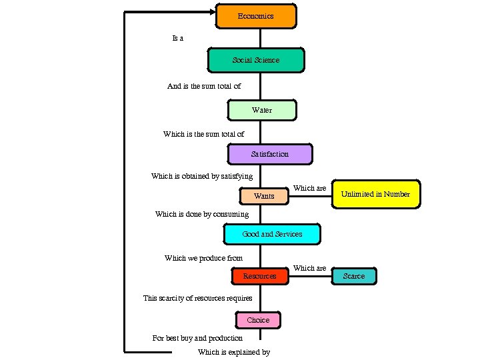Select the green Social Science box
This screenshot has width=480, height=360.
(x=256, y=60)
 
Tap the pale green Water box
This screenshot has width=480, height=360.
(x=261, y=110)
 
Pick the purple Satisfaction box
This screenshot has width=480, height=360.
(x=269, y=154)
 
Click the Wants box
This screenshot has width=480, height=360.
(x=264, y=196)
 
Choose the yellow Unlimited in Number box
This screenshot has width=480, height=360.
(x=376, y=194)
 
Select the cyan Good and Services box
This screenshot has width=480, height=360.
(x=272, y=234)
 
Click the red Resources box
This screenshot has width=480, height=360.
(x=259, y=276)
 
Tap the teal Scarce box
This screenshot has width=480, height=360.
(x=354, y=276)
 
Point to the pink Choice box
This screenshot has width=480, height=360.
(x=258, y=320)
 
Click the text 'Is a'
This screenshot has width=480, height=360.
(x=177, y=38)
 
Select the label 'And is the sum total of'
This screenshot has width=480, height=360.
(x=203, y=86)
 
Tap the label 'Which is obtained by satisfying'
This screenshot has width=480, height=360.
(x=202, y=176)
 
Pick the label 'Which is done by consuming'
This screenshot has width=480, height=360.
(x=202, y=214)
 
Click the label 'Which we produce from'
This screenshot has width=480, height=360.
(x=203, y=258)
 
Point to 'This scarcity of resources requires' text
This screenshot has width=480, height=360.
(x=198, y=298)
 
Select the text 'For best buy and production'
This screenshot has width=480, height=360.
(x=197, y=338)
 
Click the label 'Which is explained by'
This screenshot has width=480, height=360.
(x=234, y=352)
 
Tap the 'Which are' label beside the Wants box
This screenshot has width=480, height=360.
(x=309, y=188)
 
